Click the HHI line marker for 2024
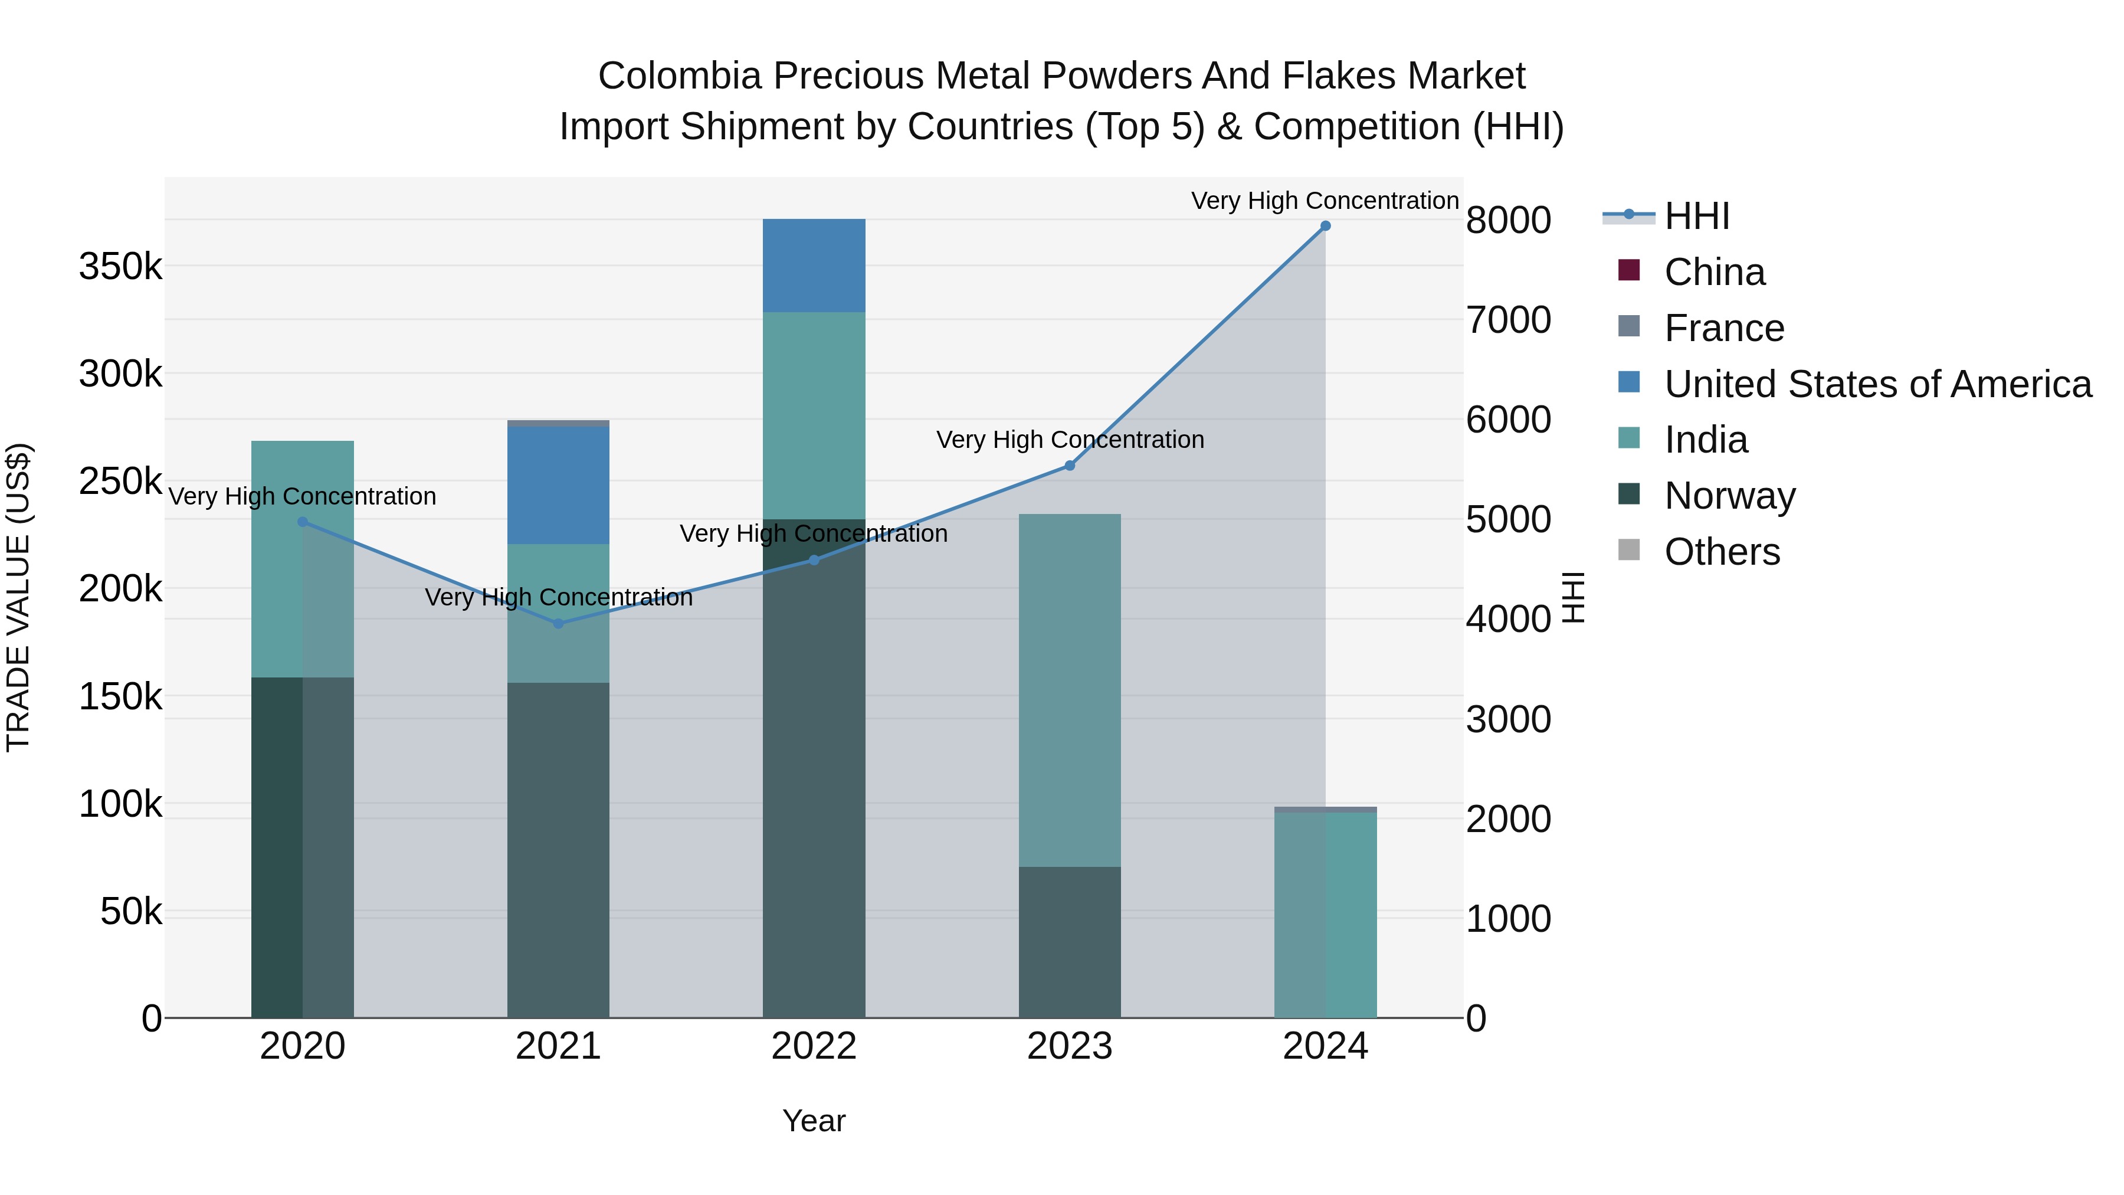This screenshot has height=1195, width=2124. coord(1325,226)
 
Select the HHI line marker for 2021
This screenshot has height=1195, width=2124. coord(558,624)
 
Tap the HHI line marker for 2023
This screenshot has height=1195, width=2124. coord(1070,466)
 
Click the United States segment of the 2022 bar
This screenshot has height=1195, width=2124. coord(814,265)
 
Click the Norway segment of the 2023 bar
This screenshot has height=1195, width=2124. coord(1070,942)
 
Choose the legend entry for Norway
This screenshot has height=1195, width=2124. coord(1729,496)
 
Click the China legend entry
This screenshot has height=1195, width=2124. coord(1714,272)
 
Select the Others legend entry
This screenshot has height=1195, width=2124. coord(1722,552)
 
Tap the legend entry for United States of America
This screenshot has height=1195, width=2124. coord(1877,384)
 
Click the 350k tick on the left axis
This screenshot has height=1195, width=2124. coord(120,266)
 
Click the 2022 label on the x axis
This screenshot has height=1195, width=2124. coord(814,1046)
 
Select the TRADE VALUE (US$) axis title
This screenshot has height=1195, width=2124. coord(18,597)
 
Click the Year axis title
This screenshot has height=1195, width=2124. coord(814,1121)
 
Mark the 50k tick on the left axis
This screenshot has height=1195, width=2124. coord(131,911)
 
